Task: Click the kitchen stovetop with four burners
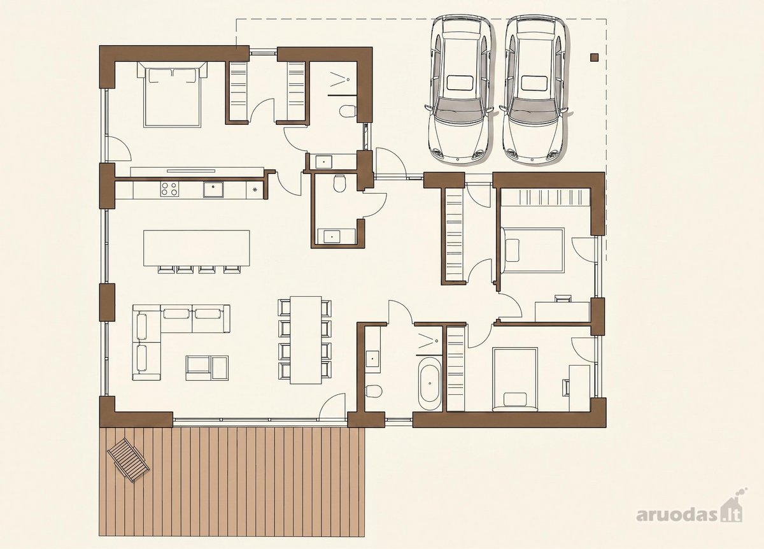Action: coord(169,189)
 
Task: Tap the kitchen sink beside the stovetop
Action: coord(213,189)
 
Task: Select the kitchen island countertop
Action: coord(197,248)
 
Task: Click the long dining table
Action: coord(306,340)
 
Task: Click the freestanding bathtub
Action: coord(429,383)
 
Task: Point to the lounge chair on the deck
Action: coord(128,460)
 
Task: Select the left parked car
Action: coord(459,89)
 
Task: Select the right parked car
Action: coord(534,89)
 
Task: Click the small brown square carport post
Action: coord(595,57)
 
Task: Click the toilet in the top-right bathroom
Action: coord(348,111)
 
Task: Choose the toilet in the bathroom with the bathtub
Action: coord(372,391)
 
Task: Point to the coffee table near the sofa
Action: coord(207,368)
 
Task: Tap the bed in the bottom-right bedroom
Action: coord(515,379)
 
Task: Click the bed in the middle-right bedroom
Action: coord(533,250)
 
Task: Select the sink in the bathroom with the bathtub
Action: coord(372,359)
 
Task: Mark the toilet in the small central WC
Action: coord(340,183)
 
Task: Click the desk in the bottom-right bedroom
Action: coord(579,389)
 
